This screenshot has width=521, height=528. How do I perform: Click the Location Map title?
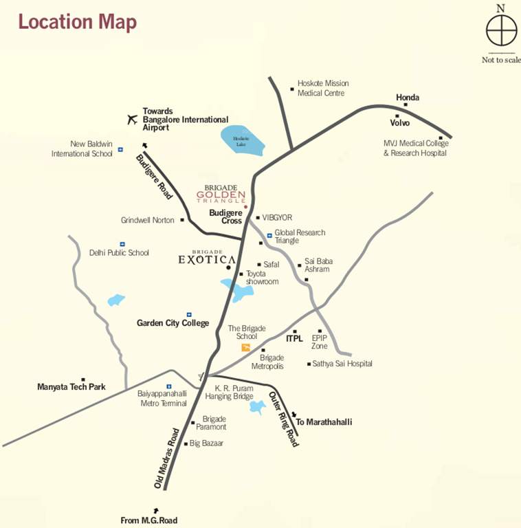tap(77, 21)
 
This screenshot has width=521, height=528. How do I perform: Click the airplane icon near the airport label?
tap(133, 119)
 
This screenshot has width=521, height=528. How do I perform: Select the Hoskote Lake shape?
tap(239, 140)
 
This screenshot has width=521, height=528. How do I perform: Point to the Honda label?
tap(408, 98)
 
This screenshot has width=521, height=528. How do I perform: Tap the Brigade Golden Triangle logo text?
tap(221, 195)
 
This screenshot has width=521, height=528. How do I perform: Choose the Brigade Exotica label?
tap(207, 258)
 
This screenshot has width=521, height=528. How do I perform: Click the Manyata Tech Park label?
tap(71, 387)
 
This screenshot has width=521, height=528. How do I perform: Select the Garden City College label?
tap(173, 323)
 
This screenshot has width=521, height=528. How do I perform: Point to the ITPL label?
tap(294, 338)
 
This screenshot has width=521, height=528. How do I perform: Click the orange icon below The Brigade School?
tap(246, 348)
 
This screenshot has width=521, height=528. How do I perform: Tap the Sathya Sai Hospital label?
tap(342, 364)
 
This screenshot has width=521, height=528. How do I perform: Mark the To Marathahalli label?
tap(323, 421)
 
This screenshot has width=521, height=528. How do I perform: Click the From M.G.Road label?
tap(148, 520)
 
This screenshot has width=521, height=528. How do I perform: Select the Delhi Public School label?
tap(119, 252)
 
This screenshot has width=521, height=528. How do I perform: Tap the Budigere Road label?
tap(154, 177)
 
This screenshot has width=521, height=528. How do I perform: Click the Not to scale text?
tap(501, 60)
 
